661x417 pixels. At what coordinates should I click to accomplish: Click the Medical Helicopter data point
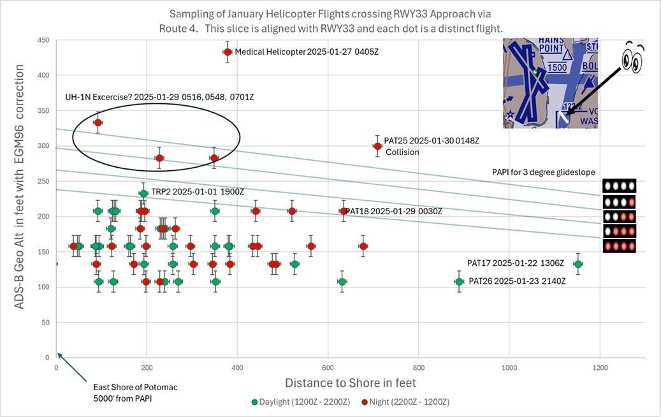coord(228,52)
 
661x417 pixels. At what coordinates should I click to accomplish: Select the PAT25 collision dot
coord(377,146)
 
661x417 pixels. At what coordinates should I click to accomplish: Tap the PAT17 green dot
coord(578,264)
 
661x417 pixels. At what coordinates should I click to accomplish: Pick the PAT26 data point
coord(459,281)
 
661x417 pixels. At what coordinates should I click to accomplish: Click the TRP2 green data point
coord(144,193)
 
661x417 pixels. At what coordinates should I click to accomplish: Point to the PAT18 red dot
coord(344,211)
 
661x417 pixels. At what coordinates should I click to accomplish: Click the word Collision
coord(402,152)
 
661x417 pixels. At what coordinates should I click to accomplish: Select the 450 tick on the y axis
coord(44,40)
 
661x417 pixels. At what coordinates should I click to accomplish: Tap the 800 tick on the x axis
coord(419,368)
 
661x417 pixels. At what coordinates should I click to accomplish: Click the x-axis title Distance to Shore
coord(350,383)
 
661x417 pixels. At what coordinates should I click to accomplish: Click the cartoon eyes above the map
coord(633,58)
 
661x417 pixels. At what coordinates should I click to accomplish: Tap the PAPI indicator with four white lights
coord(620,186)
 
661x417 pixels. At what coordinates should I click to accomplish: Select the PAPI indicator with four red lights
coord(620,245)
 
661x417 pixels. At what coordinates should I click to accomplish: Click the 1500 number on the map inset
coord(558,67)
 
